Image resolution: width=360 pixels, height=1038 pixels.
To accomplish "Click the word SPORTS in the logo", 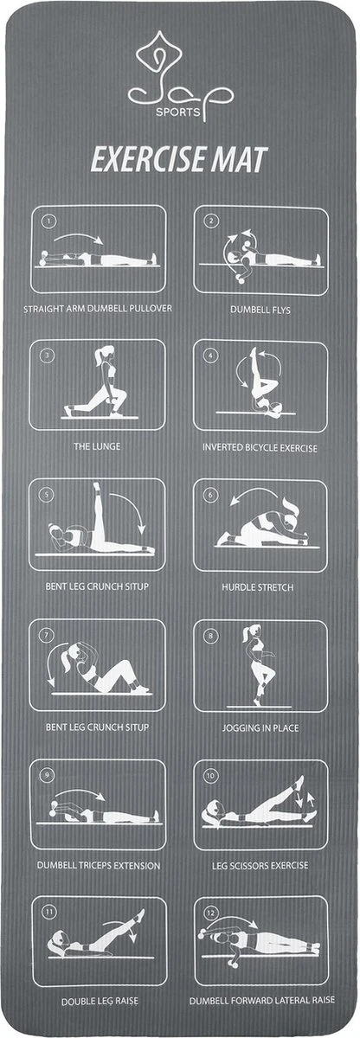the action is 178,112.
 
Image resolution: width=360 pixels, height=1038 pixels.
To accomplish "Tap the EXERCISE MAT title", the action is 179,160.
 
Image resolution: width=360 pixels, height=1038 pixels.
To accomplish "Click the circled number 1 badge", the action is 48,221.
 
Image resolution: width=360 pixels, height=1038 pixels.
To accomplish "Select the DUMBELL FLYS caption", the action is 260,310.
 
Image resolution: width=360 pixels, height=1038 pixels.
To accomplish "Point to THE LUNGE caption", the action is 97,446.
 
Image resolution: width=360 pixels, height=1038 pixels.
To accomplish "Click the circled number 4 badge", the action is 211,356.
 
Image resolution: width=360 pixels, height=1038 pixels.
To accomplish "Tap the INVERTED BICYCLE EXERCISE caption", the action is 260,448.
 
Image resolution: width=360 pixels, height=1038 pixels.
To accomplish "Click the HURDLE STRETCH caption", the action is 258,587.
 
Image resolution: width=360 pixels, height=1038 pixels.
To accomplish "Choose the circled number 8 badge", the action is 210,635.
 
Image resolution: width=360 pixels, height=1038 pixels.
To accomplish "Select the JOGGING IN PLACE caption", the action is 260,727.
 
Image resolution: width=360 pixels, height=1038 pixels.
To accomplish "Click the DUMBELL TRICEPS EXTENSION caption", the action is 99,865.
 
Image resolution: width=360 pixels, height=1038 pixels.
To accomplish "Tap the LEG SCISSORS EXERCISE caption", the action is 260,865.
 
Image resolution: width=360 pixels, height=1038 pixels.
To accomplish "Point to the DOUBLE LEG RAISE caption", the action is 100,1002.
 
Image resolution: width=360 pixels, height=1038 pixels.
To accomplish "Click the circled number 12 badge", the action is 211,913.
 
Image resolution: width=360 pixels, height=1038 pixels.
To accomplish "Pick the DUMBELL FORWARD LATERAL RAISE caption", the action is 261,1000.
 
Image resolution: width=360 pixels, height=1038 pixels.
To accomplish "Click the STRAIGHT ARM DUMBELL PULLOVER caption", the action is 98,308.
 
